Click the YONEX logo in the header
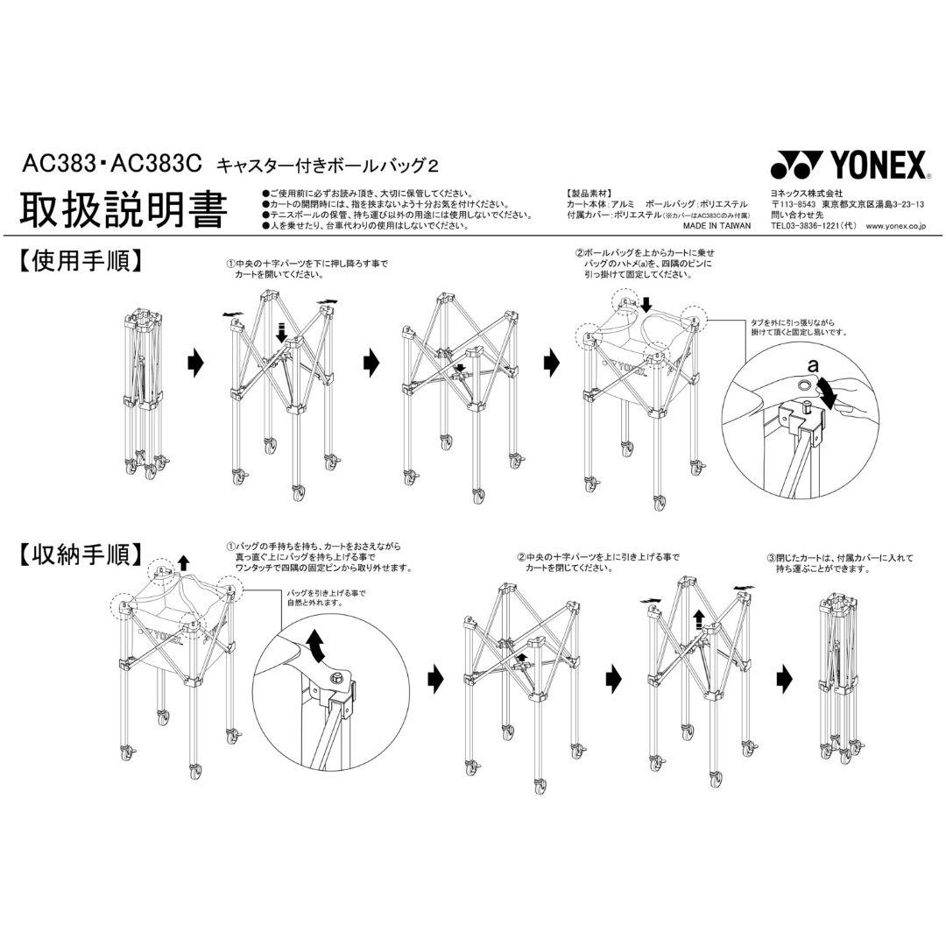846,165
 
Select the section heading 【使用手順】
79,260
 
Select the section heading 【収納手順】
79,554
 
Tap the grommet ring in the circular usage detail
803,385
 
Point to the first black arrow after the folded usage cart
195,361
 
